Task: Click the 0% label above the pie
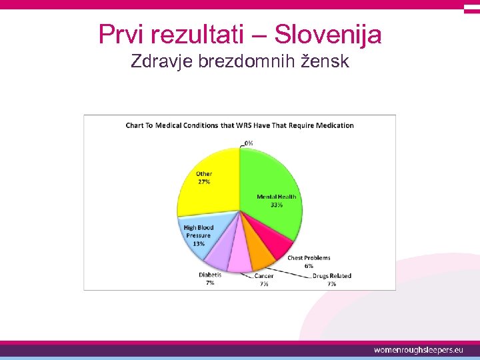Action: coord(248,143)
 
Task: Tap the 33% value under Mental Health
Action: coord(276,205)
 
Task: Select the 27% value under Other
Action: coord(203,181)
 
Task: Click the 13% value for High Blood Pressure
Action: coord(199,243)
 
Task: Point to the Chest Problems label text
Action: coord(309,258)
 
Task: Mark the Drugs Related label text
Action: coord(332,275)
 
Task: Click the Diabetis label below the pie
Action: coord(210,275)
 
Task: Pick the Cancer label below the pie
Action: coord(264,276)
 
